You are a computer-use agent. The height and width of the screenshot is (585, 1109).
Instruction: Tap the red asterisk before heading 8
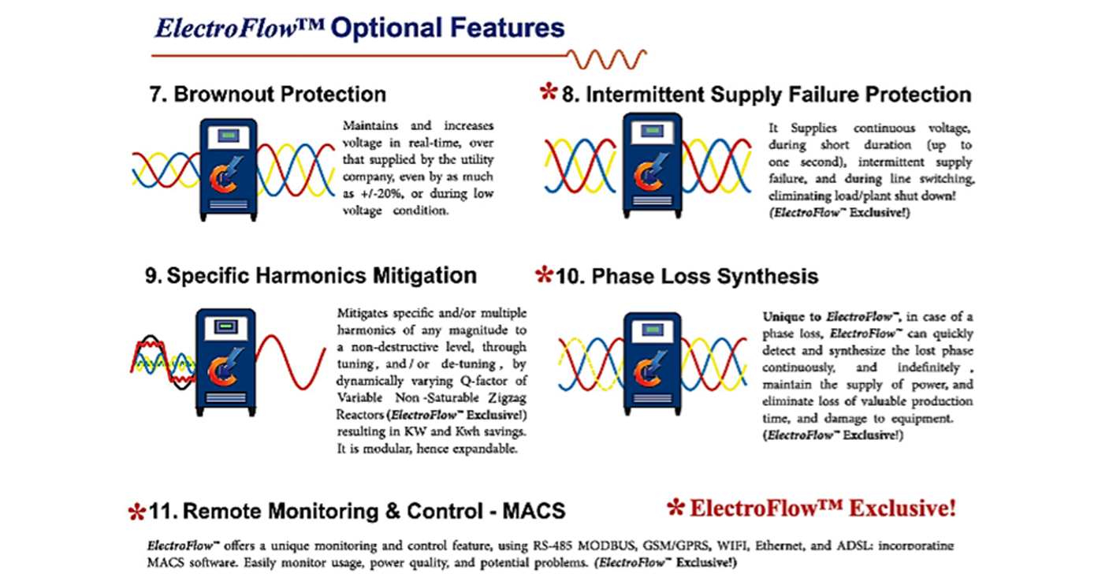(549, 92)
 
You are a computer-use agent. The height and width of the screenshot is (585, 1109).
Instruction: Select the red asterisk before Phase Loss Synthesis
(544, 274)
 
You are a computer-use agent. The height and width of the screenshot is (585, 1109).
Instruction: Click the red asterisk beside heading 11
(136, 512)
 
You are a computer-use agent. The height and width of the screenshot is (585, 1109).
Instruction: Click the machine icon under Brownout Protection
(229, 170)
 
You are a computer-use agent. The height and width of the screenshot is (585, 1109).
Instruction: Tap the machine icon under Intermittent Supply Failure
(652, 166)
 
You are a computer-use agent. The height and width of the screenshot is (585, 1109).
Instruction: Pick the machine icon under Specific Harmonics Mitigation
(225, 363)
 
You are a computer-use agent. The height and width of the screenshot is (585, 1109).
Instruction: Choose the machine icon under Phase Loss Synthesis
(653, 364)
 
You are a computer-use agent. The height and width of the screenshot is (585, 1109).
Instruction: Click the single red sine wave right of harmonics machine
(291, 362)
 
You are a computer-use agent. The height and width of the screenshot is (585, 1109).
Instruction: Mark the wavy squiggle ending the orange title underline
(606, 59)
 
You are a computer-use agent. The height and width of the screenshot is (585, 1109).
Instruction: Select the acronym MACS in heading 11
(534, 511)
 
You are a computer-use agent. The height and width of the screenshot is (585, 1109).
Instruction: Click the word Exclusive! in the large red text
(902, 509)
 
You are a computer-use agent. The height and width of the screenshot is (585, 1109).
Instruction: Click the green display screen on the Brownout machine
(229, 136)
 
